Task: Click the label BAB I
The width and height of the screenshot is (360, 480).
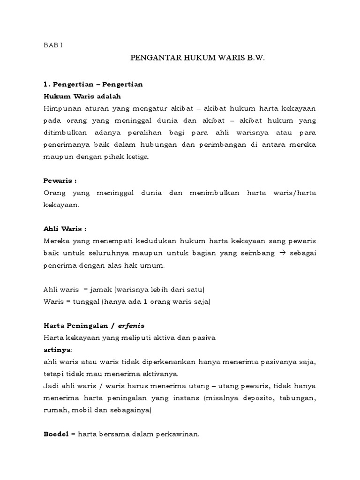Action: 52,45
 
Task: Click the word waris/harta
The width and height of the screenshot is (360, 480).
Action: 294,193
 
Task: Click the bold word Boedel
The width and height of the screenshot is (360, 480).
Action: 56,434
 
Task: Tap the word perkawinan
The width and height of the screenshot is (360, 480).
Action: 181,434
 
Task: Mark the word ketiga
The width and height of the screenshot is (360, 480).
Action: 138,157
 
